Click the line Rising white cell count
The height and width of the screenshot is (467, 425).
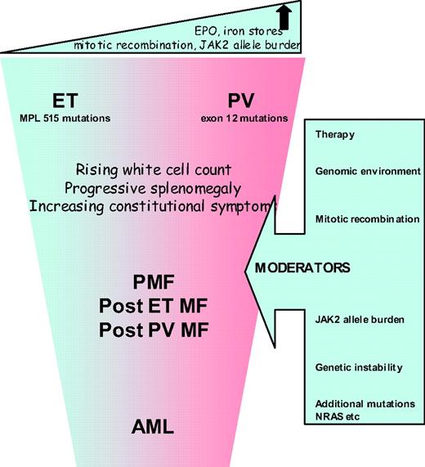(148, 170)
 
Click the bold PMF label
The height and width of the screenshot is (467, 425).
(155, 282)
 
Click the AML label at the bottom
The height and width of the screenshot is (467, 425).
(155, 426)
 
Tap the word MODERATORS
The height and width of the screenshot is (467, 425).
(309, 267)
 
